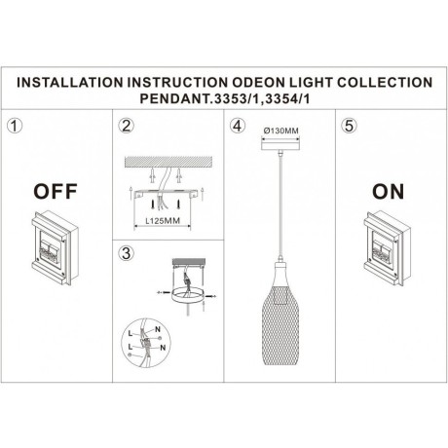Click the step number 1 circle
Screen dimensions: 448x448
[13, 127]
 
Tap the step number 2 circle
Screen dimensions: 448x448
[125, 127]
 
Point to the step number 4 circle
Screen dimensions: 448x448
[237, 127]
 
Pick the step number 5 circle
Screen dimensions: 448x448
[349, 127]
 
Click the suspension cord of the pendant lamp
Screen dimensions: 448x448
[279, 205]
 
